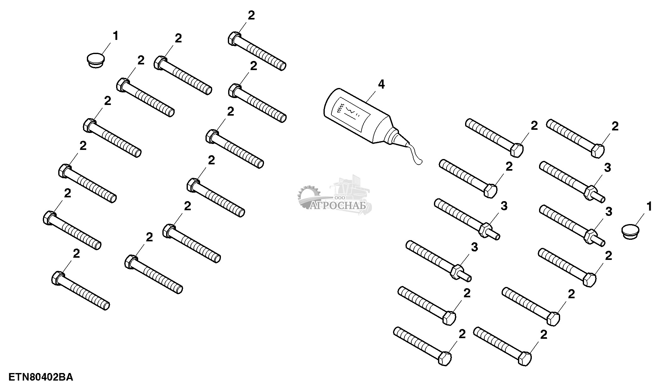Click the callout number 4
click(381, 84)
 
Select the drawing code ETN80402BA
click(41, 377)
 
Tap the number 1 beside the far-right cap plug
click(649, 206)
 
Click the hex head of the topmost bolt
click(234, 38)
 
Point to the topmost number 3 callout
click(607, 168)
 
